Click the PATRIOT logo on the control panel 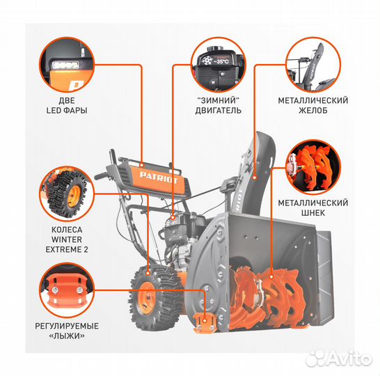[x=159, y=178]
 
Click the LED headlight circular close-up [x=67, y=65]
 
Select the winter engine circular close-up [x=219, y=65]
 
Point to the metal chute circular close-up [x=313, y=65]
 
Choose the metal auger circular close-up [x=313, y=167]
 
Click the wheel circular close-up [x=67, y=194]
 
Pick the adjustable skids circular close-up [x=67, y=290]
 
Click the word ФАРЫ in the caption [x=75, y=110]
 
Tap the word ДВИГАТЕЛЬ [x=219, y=110]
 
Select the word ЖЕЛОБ [x=313, y=110]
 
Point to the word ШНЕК [x=313, y=213]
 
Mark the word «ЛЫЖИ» [x=67, y=336]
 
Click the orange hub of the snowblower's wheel [x=146, y=299]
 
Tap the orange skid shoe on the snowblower [x=205, y=322]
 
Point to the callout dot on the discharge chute [x=255, y=178]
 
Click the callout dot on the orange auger [x=271, y=276]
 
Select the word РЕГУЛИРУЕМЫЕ [x=67, y=326]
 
